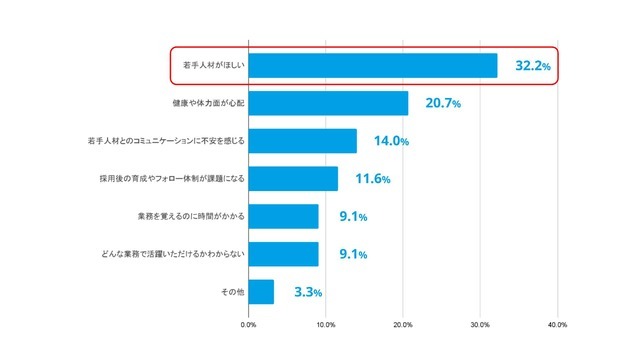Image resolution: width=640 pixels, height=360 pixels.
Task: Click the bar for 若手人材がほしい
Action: [372, 66]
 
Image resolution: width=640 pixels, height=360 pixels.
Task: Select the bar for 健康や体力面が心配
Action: [328, 103]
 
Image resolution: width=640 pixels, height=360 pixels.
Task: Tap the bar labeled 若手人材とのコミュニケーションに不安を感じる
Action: [302, 141]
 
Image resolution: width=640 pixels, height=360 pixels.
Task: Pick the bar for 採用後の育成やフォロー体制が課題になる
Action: [293, 179]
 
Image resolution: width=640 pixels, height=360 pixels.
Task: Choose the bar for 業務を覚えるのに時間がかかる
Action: [283, 216]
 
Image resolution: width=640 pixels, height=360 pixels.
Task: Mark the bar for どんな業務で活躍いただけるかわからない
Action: [283, 254]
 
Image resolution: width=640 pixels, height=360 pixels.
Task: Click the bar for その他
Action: [261, 292]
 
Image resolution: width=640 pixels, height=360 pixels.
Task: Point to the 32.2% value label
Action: [533, 66]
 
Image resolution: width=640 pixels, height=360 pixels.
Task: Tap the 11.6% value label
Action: [372, 179]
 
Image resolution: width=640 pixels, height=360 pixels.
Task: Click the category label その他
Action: [232, 292]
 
